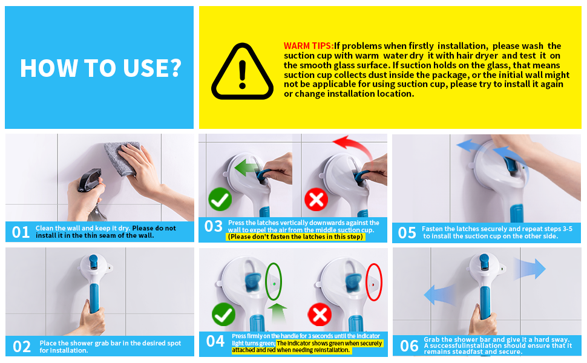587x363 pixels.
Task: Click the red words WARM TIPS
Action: [x=309, y=46]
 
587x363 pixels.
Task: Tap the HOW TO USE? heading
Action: [x=100, y=68]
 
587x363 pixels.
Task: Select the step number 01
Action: [x=21, y=232]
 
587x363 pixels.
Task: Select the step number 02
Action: [x=22, y=347]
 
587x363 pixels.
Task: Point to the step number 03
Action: [x=214, y=226]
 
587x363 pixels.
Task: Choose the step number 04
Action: [x=215, y=341]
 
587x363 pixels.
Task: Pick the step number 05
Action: [x=407, y=232]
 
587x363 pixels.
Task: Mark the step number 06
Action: [x=409, y=346]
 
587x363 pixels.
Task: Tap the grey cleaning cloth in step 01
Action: [x=122, y=158]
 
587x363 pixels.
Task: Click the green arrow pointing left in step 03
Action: [x=247, y=167]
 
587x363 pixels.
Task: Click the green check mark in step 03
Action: [x=220, y=200]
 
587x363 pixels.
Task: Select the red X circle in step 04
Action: [x=320, y=315]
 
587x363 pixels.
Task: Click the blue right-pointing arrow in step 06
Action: [x=530, y=269]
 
